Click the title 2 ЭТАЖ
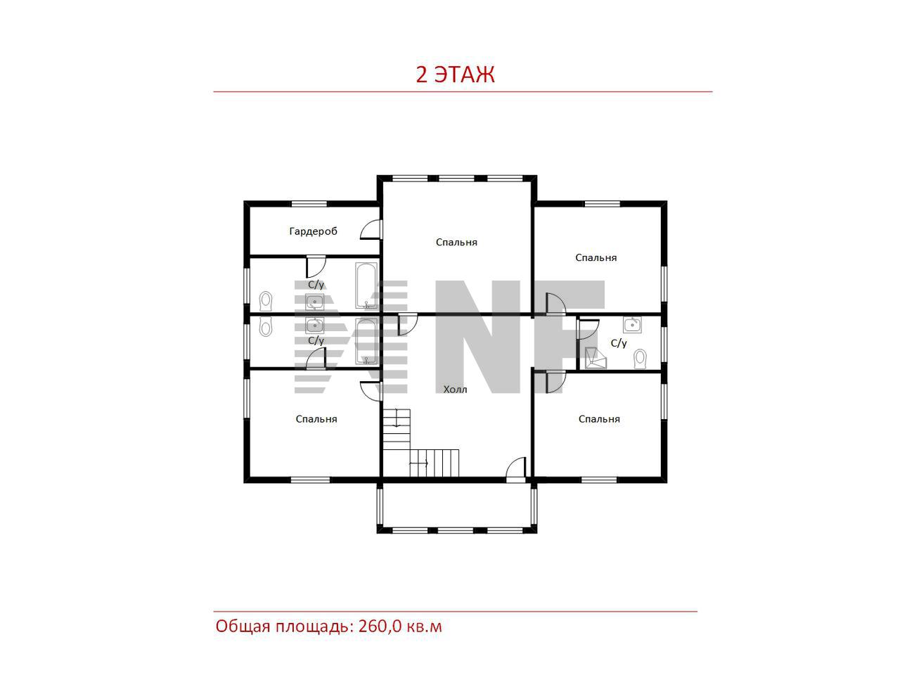click(x=455, y=75)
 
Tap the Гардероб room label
click(x=314, y=231)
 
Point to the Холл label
click(x=455, y=390)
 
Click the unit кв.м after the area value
click(x=425, y=627)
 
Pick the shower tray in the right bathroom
click(x=596, y=358)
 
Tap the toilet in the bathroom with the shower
click(x=640, y=359)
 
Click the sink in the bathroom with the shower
click(x=632, y=325)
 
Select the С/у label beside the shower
click(x=619, y=343)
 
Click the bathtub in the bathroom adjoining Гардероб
click(x=366, y=285)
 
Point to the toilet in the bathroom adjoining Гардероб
click(x=266, y=302)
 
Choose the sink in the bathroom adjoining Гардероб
click(x=315, y=302)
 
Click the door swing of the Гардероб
click(x=371, y=229)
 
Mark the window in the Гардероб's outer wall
click(x=309, y=204)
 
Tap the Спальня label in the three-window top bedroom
click(x=456, y=242)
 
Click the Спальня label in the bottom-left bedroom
click(x=316, y=419)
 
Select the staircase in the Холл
click(x=421, y=443)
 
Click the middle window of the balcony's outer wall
click(x=457, y=530)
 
